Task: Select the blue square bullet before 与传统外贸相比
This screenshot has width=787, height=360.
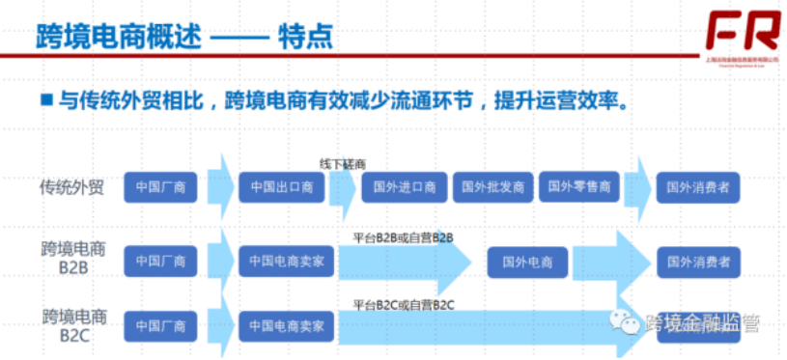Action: click(45, 99)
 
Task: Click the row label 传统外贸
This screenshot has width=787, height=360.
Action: click(70, 186)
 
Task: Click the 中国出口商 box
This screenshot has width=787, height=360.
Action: click(282, 186)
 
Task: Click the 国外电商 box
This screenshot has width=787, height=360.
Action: click(526, 261)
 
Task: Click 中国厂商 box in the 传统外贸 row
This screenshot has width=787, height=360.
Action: click(160, 186)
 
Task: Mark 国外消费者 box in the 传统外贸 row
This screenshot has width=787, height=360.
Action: click(698, 186)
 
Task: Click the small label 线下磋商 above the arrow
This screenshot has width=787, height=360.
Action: click(342, 165)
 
